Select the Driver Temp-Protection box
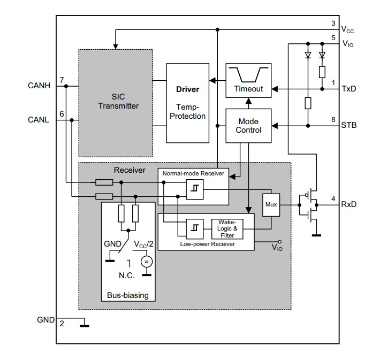click(x=187, y=103)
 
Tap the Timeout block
click(x=248, y=80)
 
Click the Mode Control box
click(x=248, y=126)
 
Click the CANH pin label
click(x=39, y=85)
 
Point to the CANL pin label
click(x=39, y=120)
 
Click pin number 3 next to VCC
click(x=333, y=24)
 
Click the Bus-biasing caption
click(x=128, y=295)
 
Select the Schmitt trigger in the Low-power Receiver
click(x=194, y=228)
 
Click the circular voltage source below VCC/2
click(x=146, y=262)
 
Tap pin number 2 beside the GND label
click(x=62, y=324)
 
